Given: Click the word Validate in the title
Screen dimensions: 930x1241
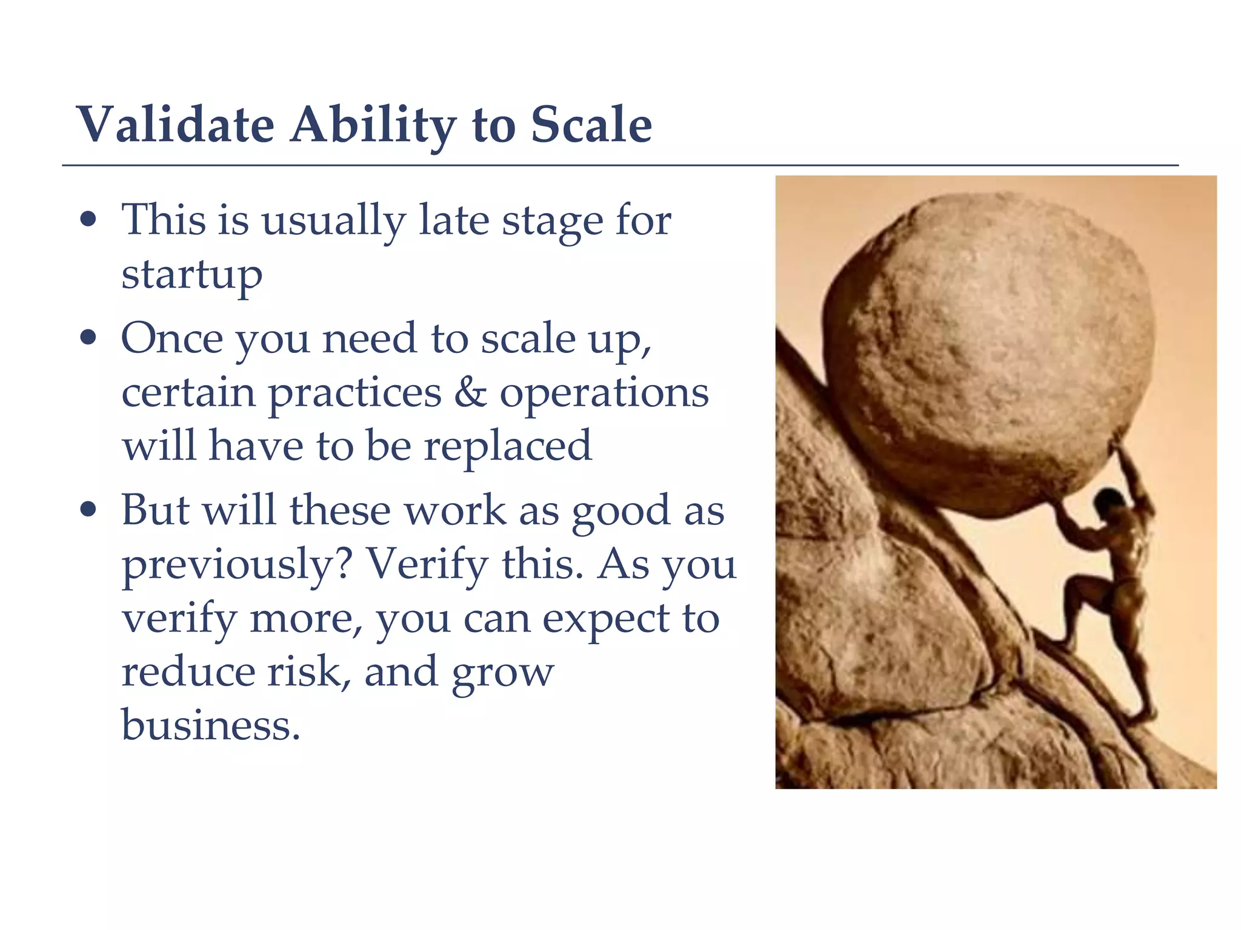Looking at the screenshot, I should pyautogui.click(x=176, y=125).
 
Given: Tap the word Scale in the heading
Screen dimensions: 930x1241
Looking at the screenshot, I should pyautogui.click(x=591, y=125).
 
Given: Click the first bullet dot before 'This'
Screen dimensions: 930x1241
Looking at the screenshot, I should pyautogui.click(x=88, y=219).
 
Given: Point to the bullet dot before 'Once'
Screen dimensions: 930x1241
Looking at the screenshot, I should pyautogui.click(x=88, y=338).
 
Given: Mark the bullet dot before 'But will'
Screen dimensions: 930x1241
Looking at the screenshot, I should pyautogui.click(x=88, y=509).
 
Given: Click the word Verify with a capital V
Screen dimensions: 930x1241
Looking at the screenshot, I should pyautogui.click(x=427, y=564).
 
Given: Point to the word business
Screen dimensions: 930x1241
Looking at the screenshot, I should pyautogui.click(x=210, y=725).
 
